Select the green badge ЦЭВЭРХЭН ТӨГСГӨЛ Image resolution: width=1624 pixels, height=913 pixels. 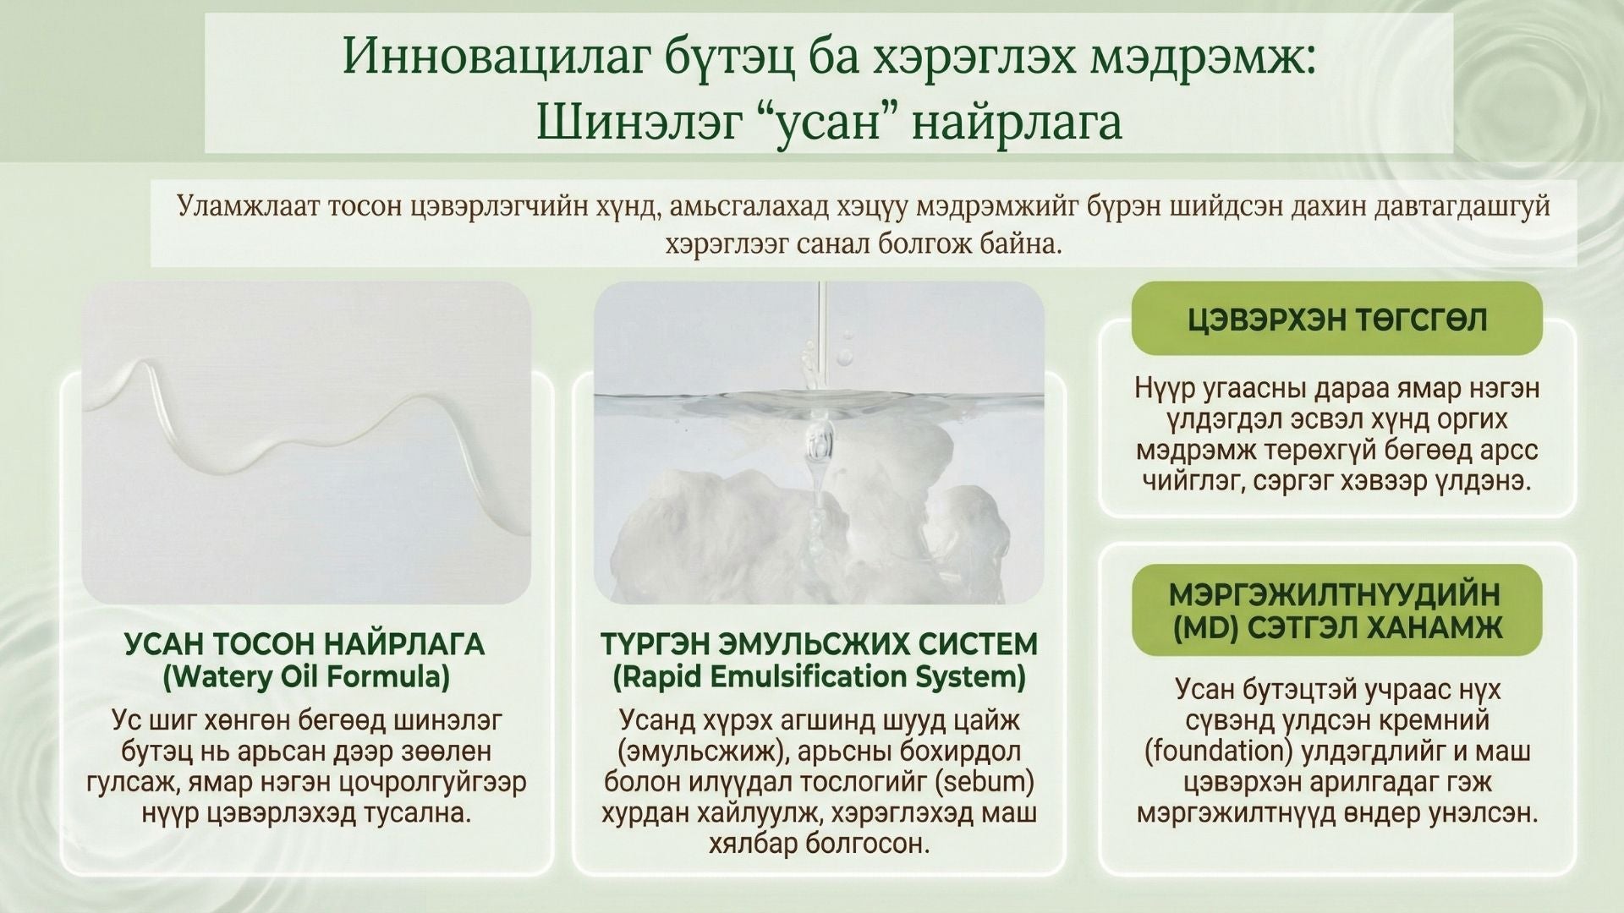[1336, 319]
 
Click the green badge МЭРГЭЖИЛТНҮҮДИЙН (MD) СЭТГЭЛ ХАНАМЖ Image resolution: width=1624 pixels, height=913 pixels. [1336, 610]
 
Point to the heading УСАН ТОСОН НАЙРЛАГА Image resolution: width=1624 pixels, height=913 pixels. [304, 644]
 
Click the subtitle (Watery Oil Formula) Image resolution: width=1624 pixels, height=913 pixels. [304, 676]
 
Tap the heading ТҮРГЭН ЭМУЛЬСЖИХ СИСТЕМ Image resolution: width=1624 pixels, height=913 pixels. [819, 644]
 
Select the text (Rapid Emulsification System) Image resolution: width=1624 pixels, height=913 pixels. [819, 676]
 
